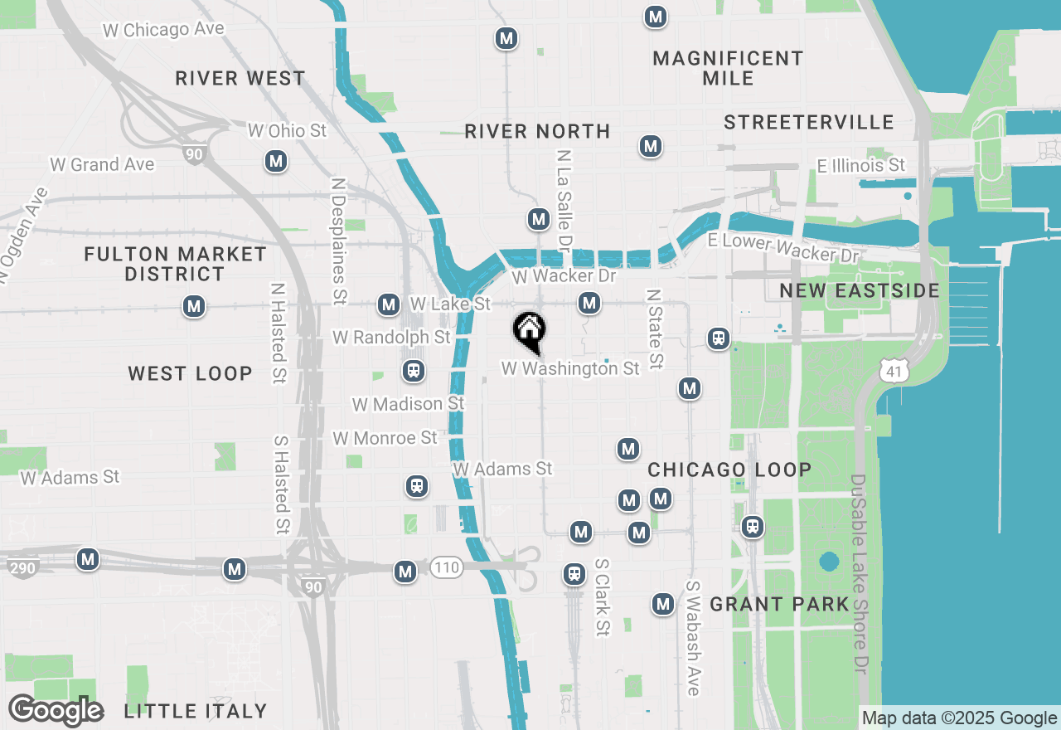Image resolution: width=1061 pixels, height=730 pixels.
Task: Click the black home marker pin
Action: coord(529,332)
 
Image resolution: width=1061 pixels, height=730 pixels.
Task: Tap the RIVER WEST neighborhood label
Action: coord(240,79)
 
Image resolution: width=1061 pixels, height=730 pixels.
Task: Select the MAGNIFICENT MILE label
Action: coord(728,68)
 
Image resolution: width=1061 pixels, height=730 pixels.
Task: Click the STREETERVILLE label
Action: coord(808,123)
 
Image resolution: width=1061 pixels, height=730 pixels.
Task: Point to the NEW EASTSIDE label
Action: coord(860,290)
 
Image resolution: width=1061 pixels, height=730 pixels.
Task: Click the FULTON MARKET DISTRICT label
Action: coord(176,264)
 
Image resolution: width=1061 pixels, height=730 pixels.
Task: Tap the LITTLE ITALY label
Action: coord(196,711)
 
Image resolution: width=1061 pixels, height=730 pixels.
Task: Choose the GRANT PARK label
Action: coord(779,604)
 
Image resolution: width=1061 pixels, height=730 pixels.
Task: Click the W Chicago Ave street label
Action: coord(163,30)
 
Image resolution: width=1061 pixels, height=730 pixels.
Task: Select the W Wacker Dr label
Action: coord(564,276)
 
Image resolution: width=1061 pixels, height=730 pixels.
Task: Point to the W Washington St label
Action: coord(570,368)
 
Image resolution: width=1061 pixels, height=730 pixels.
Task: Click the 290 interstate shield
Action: coord(22,569)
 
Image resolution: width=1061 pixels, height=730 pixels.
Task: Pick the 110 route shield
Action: coord(446,568)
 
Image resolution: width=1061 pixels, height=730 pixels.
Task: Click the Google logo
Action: coord(56,711)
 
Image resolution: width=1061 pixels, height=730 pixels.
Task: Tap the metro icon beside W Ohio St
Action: coord(276,161)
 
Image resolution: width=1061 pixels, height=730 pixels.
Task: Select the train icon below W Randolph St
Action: coord(413,370)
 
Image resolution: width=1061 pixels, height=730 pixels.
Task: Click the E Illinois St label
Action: coord(860,166)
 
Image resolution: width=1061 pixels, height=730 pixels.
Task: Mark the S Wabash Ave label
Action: coord(693,637)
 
